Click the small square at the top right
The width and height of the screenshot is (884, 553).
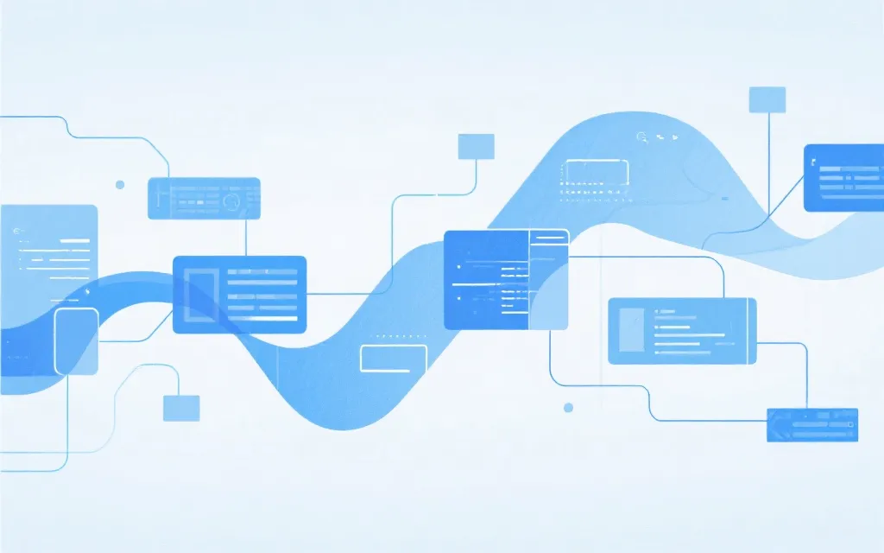[x=767, y=99]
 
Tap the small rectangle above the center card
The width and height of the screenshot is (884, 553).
[x=476, y=146]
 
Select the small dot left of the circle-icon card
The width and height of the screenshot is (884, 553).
[x=120, y=184]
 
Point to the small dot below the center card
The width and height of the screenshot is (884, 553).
[x=568, y=407]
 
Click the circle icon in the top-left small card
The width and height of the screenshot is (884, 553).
[x=230, y=200]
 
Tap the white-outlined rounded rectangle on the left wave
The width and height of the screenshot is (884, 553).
[x=76, y=342]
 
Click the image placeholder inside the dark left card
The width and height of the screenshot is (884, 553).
[x=200, y=294]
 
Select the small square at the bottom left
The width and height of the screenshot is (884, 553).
[x=181, y=408]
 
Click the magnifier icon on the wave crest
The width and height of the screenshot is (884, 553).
[x=641, y=137]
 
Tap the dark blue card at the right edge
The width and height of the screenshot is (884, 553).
[x=843, y=178]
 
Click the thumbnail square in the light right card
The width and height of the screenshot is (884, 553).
[x=630, y=329]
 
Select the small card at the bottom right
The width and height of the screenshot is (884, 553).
[x=812, y=424]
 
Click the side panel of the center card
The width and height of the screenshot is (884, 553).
[x=549, y=279]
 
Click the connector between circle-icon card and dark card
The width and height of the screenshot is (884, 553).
[x=246, y=237]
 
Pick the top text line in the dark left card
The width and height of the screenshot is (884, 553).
[x=262, y=270]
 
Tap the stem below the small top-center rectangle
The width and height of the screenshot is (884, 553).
[x=476, y=177]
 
